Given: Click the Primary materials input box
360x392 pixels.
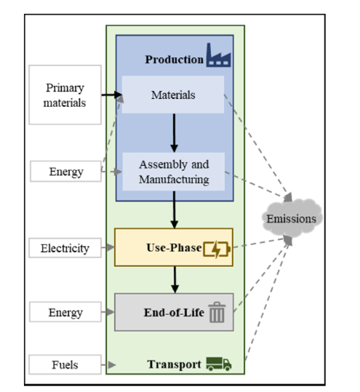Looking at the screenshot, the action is coord(65,95).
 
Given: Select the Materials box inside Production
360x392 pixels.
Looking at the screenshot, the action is coord(173,95).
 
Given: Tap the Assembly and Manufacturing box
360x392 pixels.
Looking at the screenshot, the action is coord(174,172).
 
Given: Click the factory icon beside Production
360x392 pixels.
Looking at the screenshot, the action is coord(218,55).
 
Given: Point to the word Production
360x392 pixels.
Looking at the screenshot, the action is coord(175,60).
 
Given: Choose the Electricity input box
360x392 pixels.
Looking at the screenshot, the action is coord(65,248).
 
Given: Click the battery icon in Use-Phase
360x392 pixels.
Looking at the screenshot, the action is coord(217,249).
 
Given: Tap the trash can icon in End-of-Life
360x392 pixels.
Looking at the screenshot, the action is coord(217,312).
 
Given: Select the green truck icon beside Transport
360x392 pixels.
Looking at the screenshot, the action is coord(219,364).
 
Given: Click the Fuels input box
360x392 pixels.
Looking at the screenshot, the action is coord(65,364).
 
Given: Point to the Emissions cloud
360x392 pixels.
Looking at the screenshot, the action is coord(292,217).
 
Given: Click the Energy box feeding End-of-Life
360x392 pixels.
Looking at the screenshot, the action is coord(65,312).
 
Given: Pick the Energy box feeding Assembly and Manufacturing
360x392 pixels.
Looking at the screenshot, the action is coord(65,171).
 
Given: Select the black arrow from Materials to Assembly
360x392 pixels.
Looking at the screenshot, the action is coord(174,133).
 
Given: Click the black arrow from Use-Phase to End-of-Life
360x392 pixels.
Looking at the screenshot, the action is coord(175,280).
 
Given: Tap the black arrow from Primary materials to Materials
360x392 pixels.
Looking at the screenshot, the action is coord(112,95).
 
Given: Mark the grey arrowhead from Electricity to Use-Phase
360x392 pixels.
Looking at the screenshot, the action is coord(111,247).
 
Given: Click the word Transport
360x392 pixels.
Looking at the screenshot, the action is coord(175,364).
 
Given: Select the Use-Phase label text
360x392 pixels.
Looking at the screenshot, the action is coord(174,248).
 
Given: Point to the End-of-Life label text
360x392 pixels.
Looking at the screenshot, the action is coord(174,313).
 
